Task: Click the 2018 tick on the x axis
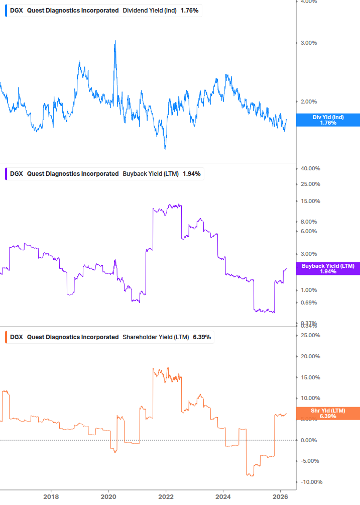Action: click(x=51, y=497)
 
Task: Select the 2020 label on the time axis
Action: click(x=108, y=497)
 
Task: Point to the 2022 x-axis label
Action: click(x=167, y=497)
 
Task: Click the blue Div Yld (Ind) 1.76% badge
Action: click(x=328, y=120)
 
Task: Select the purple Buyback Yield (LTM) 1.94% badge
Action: click(x=328, y=268)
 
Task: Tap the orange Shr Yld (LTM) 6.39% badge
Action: click(x=328, y=413)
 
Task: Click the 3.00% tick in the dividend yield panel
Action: click(x=308, y=43)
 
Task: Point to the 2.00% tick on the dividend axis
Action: click(x=308, y=102)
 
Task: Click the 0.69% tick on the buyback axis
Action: click(x=308, y=302)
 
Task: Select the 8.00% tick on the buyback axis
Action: click(x=308, y=222)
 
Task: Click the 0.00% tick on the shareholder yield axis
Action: click(x=308, y=440)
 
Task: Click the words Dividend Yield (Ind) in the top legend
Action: click(x=150, y=11)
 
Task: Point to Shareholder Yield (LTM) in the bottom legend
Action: click(x=156, y=337)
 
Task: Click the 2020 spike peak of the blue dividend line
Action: click(x=115, y=41)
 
